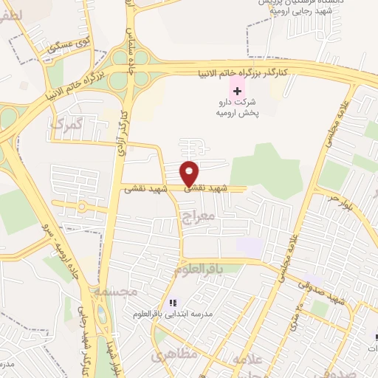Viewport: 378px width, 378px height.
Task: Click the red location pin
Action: coord(190,173)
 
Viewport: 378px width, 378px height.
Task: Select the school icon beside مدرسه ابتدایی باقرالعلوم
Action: coord(173,302)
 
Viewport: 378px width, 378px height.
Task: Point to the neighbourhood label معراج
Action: coord(196,216)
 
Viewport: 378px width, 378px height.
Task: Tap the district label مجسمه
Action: coord(116,291)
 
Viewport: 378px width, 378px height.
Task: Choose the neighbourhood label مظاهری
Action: coord(175,356)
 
